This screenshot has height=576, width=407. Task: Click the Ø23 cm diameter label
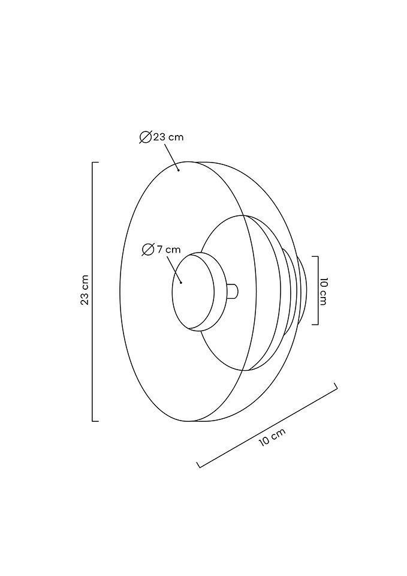(x=161, y=137)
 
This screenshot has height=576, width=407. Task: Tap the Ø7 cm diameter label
(x=161, y=250)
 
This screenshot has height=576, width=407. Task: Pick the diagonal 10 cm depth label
(x=272, y=437)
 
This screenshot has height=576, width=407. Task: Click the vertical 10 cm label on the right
(x=323, y=292)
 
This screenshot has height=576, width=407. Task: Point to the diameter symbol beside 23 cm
(x=145, y=137)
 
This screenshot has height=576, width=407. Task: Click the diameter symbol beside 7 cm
(x=148, y=250)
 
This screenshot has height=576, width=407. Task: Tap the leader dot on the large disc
(x=179, y=169)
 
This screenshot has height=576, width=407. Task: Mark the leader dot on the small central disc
(x=181, y=283)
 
